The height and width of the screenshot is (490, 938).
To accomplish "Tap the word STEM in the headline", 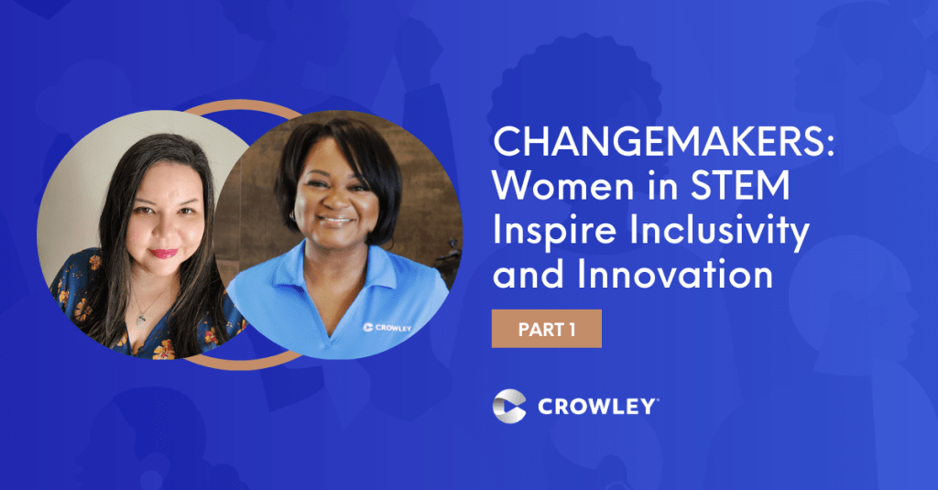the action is pyautogui.click(x=740, y=186).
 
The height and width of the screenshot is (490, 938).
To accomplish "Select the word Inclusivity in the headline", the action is pyautogui.click(x=720, y=232).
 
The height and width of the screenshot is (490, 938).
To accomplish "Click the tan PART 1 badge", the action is pyautogui.click(x=547, y=329).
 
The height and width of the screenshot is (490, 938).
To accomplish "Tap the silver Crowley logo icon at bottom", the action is pyautogui.click(x=509, y=407).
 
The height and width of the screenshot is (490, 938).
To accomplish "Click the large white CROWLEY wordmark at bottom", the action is pyautogui.click(x=597, y=407).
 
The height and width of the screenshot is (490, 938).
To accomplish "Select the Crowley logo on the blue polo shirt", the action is pyautogui.click(x=387, y=327).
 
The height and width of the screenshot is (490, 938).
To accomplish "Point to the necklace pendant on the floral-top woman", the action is pyautogui.click(x=141, y=320).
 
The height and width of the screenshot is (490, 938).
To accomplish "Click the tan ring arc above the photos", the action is pyautogui.click(x=242, y=106).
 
